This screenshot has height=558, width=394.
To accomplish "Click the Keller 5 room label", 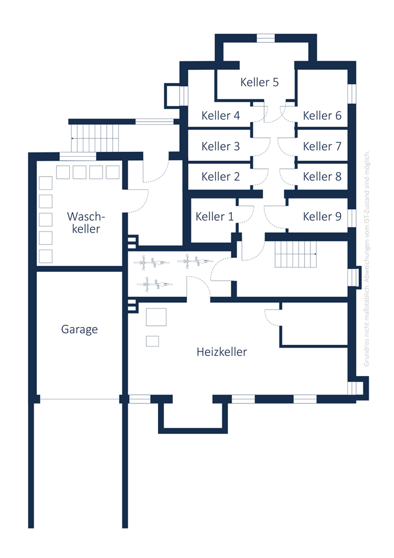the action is point(259,82).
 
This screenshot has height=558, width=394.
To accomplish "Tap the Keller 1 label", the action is point(215,217).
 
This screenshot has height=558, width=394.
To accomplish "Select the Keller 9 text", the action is point(322,217).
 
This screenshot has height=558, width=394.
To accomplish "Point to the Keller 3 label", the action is point(220,146).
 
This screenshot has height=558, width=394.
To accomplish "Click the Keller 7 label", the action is point(322,146).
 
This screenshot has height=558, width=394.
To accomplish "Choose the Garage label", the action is point(79,330).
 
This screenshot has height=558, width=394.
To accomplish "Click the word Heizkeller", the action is point(222,352).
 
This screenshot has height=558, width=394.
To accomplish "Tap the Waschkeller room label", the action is point(86,223).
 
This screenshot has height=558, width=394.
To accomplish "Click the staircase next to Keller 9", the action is point(295,254).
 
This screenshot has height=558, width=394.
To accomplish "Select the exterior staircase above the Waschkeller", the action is point(95,138).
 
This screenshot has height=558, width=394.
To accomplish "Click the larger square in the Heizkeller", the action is point(156,317).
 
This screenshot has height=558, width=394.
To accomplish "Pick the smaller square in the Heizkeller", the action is point(152,341).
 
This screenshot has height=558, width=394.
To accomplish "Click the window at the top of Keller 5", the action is point(266,38).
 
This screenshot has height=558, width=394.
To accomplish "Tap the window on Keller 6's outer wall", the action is point(352,94).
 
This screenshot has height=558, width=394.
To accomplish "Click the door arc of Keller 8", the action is point(287,177).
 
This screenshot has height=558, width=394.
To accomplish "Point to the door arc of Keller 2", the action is point(261,177).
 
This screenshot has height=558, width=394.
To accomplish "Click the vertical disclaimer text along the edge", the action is point(367,258).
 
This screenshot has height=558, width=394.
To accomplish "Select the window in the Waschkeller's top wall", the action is point(78,156).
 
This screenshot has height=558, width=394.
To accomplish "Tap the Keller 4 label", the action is point(220,116).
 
